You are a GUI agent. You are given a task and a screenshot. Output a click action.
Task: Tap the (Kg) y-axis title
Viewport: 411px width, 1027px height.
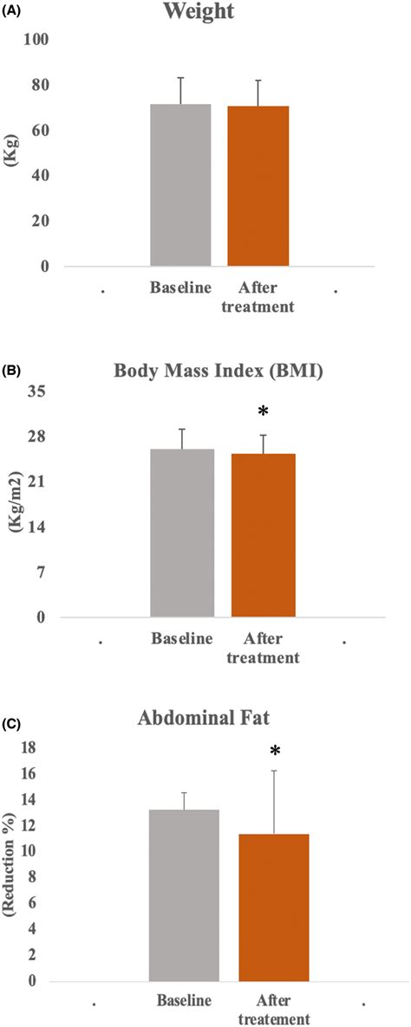pos(12,153)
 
